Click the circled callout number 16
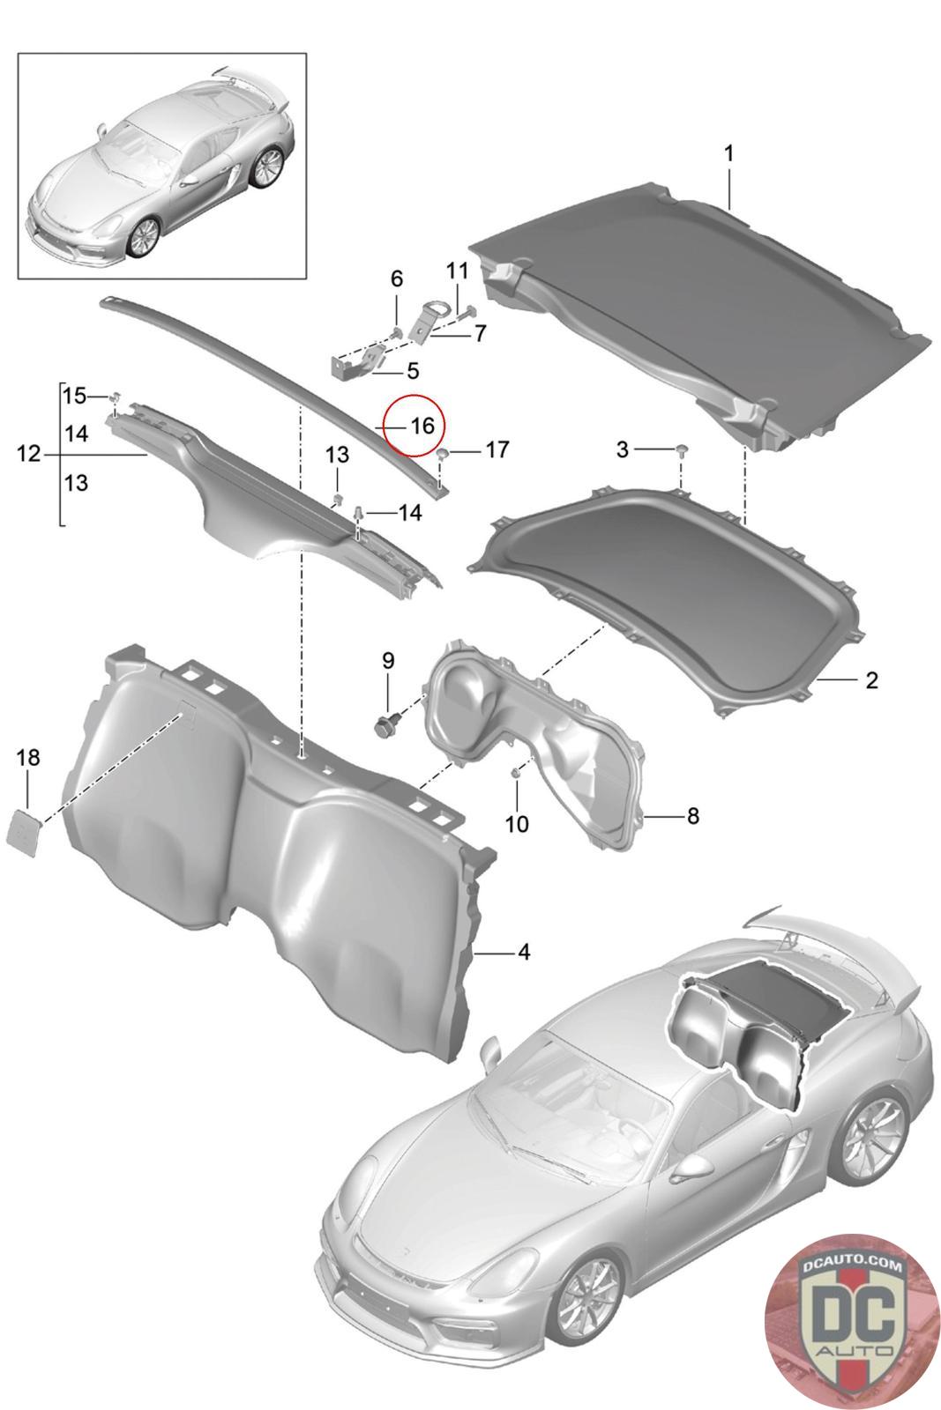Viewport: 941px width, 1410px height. click(422, 427)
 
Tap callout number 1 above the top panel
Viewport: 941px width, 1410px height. click(728, 153)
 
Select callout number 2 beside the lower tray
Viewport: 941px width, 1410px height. click(871, 679)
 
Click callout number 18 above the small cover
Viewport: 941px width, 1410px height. click(28, 757)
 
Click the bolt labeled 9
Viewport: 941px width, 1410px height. click(383, 724)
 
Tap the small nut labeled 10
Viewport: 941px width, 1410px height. click(514, 774)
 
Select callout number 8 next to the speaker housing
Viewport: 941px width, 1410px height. click(693, 816)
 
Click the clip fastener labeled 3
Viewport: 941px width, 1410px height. click(682, 450)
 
